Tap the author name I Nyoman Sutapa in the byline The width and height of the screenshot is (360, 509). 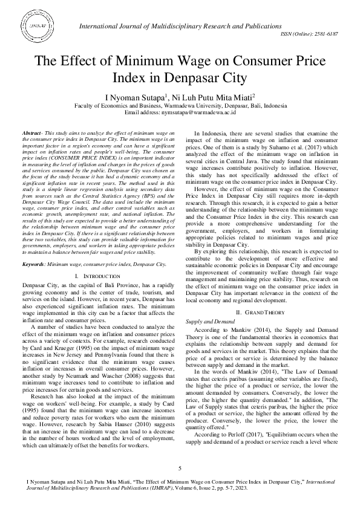tap(135, 97)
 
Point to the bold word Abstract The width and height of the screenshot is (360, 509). tap(31, 132)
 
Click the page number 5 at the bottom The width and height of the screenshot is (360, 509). tap(180, 468)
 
